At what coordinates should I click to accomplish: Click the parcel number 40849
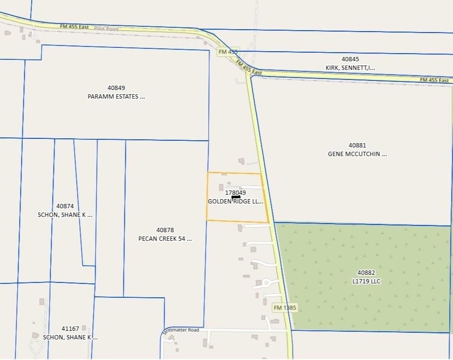116,88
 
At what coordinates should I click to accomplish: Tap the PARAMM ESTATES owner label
116,96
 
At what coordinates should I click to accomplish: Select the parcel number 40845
350,59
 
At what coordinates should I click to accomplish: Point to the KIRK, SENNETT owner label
350,68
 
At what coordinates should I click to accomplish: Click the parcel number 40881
357,145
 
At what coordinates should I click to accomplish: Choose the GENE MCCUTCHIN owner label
357,154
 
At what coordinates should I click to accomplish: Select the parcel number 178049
235,192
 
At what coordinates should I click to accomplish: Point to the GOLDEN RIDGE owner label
235,202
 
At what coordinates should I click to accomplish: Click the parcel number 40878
165,230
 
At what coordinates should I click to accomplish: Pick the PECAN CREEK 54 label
165,238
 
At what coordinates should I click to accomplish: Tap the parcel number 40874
65,206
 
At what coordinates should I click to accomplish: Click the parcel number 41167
70,328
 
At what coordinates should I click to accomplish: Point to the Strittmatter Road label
180,330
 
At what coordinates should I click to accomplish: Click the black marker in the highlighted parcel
236,197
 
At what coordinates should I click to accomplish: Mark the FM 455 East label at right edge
434,80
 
